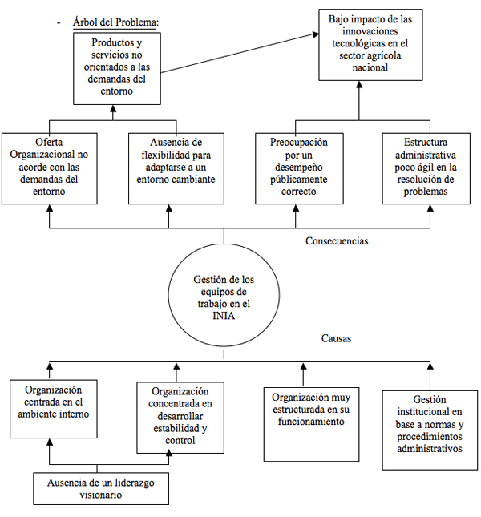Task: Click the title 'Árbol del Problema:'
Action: (x=115, y=22)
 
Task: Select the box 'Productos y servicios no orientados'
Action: (x=117, y=69)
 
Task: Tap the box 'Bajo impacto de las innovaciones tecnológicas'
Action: (x=370, y=45)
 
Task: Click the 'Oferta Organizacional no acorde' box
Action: (x=50, y=168)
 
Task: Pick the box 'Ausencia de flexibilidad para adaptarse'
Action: (x=176, y=168)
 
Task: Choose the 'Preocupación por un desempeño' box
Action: (x=299, y=168)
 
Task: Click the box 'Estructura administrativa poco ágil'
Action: (x=426, y=168)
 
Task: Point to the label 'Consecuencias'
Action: (x=337, y=241)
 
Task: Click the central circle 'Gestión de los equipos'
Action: (x=224, y=295)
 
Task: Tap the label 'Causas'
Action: (x=336, y=338)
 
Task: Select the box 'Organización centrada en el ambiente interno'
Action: (x=54, y=409)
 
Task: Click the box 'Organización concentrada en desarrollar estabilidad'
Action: (x=180, y=418)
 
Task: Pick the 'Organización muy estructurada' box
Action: (x=311, y=424)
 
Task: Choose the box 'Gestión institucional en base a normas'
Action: (x=430, y=430)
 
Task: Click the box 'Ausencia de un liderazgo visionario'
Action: (x=101, y=489)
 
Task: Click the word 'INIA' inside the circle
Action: (x=224, y=316)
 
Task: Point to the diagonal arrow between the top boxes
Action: (x=240, y=53)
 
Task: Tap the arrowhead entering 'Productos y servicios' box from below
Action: (x=113, y=108)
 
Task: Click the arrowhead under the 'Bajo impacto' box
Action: (x=359, y=84)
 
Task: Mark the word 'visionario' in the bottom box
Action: (x=100, y=495)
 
